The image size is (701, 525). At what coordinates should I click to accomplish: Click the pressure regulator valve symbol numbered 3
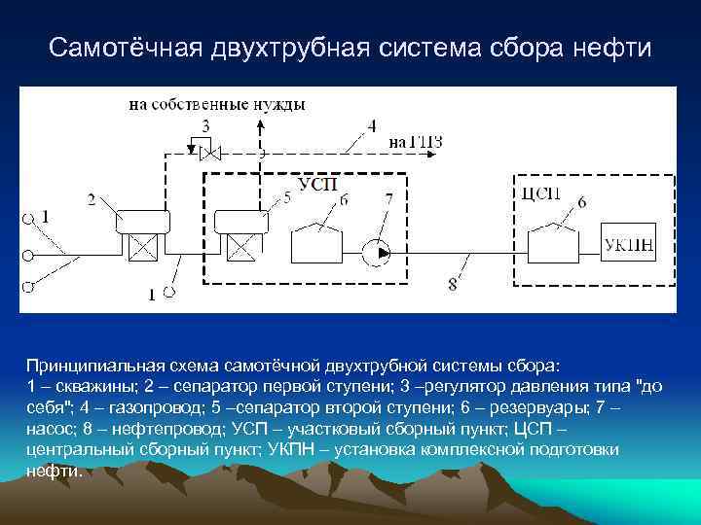(x=206, y=151)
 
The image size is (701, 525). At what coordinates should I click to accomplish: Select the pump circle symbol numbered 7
(x=375, y=252)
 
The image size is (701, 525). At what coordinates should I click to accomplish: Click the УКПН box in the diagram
(x=629, y=244)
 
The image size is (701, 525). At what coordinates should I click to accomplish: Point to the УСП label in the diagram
(x=313, y=185)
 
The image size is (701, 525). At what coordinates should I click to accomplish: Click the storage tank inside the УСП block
(x=318, y=241)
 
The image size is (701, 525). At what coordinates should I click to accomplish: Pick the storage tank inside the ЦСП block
(x=551, y=240)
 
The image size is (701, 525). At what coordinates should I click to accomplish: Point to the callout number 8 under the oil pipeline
(x=452, y=285)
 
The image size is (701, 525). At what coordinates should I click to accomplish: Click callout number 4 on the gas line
(x=371, y=124)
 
